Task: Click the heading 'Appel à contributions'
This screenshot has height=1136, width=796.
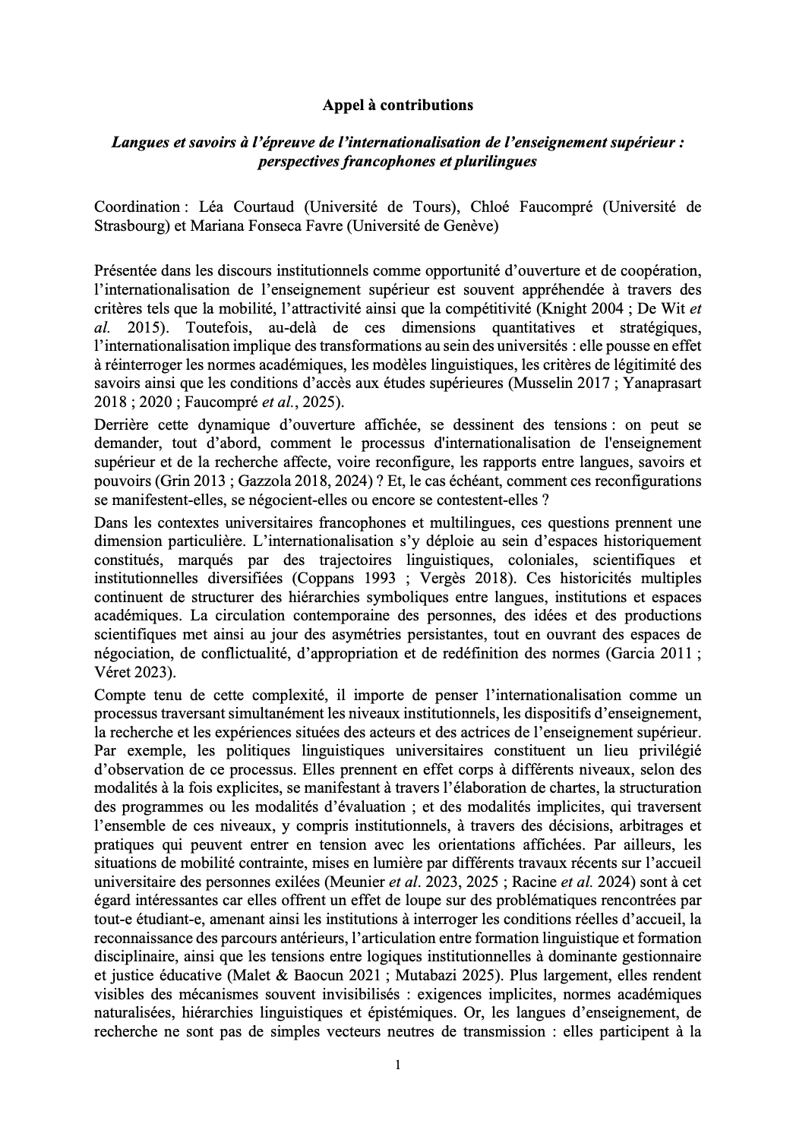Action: point(397,106)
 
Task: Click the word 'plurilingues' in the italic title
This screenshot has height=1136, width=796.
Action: point(499,161)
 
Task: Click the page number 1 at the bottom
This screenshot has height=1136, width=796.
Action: point(397,1065)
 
